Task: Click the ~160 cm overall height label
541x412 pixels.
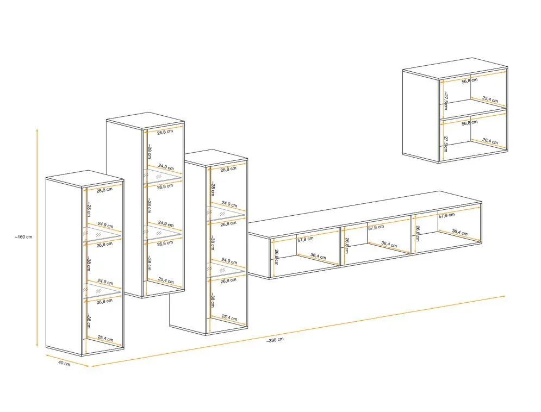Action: (23, 237)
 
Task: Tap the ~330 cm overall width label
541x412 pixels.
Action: (275, 340)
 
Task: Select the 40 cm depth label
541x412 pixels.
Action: (64, 364)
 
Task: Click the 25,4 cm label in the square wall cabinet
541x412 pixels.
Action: (489, 99)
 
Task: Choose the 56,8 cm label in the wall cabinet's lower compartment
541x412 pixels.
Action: (469, 123)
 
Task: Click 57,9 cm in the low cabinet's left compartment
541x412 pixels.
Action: (306, 239)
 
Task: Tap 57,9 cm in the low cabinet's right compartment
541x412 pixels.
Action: (447, 216)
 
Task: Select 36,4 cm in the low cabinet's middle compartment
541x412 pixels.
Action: (389, 245)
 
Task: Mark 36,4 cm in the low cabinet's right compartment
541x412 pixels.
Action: (460, 233)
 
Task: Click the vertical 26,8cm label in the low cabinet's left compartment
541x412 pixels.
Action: (276, 256)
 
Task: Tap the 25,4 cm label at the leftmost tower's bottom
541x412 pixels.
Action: (105, 339)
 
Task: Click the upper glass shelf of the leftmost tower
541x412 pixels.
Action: (102, 235)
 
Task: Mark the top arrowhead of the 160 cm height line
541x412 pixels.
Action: (37, 130)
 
